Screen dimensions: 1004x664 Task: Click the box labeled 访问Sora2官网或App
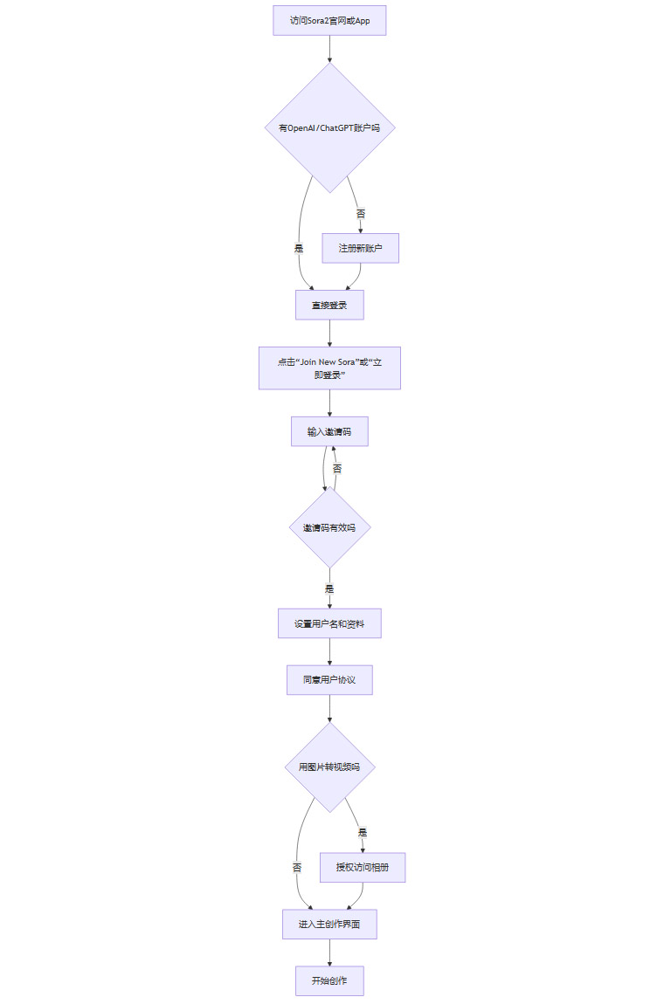pyautogui.click(x=329, y=20)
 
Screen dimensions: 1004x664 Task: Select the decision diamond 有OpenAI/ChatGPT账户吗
pyautogui.click(x=329, y=127)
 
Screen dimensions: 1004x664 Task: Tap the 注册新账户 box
pyautogui.click(x=360, y=248)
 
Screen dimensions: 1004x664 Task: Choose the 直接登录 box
pyautogui.click(x=329, y=305)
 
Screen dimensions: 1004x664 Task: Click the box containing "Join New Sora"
pyautogui.click(x=329, y=368)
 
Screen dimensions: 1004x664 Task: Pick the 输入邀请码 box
pyautogui.click(x=329, y=431)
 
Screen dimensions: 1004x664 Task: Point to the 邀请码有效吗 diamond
pyautogui.click(x=329, y=527)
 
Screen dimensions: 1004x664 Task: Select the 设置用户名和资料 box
pyautogui.click(x=329, y=623)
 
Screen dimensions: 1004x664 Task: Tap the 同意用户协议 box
pyautogui.click(x=329, y=680)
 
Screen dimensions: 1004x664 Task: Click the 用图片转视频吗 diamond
pyautogui.click(x=329, y=767)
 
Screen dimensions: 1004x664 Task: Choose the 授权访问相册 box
pyautogui.click(x=363, y=867)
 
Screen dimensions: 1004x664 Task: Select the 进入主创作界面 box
pyautogui.click(x=329, y=924)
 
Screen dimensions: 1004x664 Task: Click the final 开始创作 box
pyautogui.click(x=329, y=980)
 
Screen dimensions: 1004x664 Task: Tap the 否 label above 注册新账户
pyautogui.click(x=361, y=213)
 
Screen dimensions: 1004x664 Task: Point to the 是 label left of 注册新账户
pyautogui.click(x=299, y=248)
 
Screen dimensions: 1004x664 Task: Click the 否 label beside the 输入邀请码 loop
pyautogui.click(x=337, y=469)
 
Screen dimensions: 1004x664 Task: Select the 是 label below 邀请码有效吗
pyautogui.click(x=329, y=588)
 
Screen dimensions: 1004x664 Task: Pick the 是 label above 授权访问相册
pyautogui.click(x=363, y=832)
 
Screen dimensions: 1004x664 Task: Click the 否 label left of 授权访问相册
pyautogui.click(x=297, y=867)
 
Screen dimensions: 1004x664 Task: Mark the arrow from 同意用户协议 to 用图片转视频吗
pyautogui.click(x=329, y=708)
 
